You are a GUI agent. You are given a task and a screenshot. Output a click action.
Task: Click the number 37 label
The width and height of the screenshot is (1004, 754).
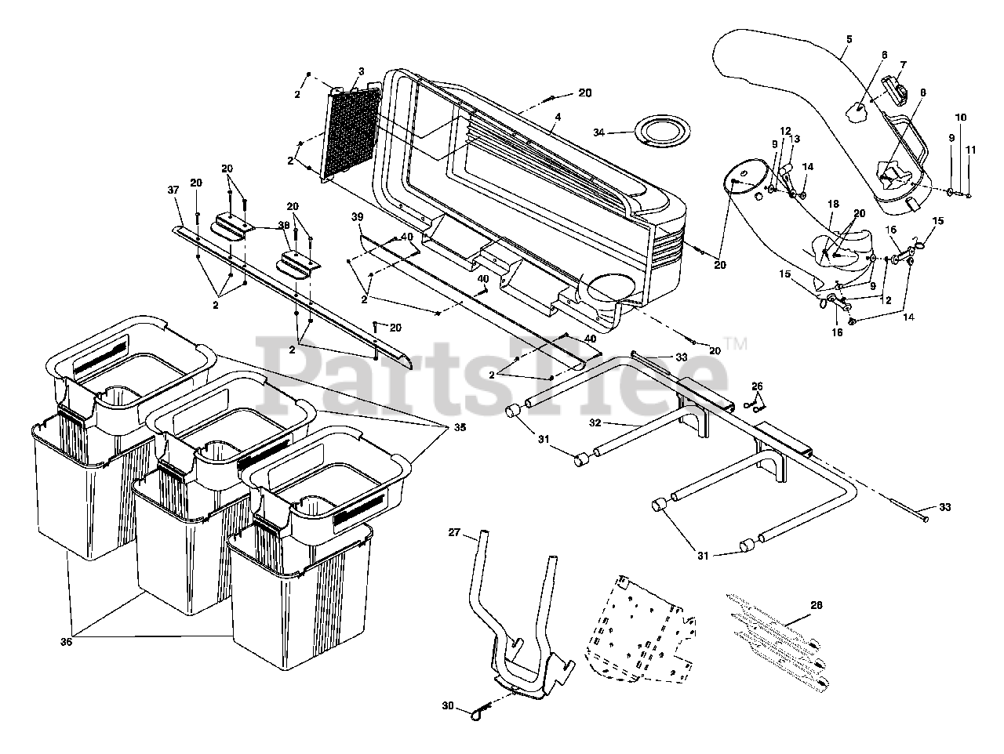pos(173,189)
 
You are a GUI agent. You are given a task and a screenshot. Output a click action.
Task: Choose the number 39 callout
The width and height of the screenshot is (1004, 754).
pos(358,217)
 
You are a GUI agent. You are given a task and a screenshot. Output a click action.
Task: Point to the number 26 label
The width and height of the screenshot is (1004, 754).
pos(757,386)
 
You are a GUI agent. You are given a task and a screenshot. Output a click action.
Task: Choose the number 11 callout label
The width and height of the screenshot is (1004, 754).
pos(971,148)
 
